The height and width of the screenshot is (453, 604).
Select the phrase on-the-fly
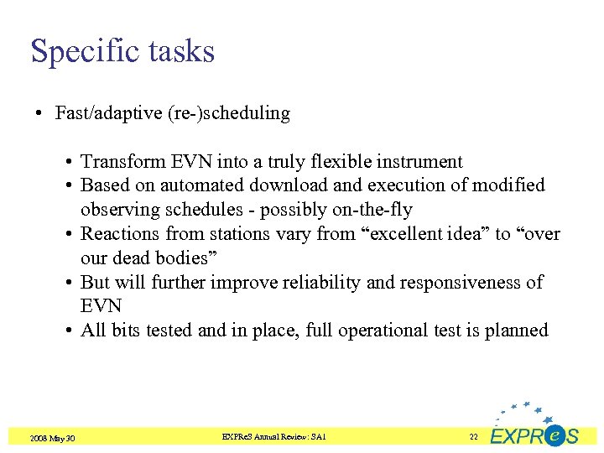pyautogui.click(x=372, y=209)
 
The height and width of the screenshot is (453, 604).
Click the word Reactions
pyautogui.click(x=120, y=233)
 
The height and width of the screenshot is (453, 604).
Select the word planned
pyautogui.click(x=518, y=331)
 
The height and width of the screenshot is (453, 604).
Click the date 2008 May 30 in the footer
pyautogui.click(x=52, y=438)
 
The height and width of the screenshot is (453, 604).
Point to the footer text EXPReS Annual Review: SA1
pyautogui.click(x=273, y=437)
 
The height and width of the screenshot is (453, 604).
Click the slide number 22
pyautogui.click(x=473, y=437)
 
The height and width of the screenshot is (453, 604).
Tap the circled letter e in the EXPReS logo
pyautogui.click(x=554, y=435)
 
